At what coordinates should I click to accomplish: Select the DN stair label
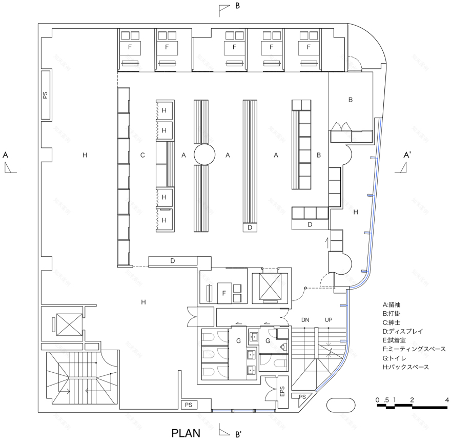point(306,320)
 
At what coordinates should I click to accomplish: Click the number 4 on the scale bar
point(447,399)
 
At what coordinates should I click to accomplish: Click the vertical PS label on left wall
point(45,95)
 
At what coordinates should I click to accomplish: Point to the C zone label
point(143,155)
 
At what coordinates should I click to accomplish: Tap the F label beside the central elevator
point(223,293)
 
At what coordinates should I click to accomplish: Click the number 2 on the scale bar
point(412,399)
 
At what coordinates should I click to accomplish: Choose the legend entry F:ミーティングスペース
point(414,349)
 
